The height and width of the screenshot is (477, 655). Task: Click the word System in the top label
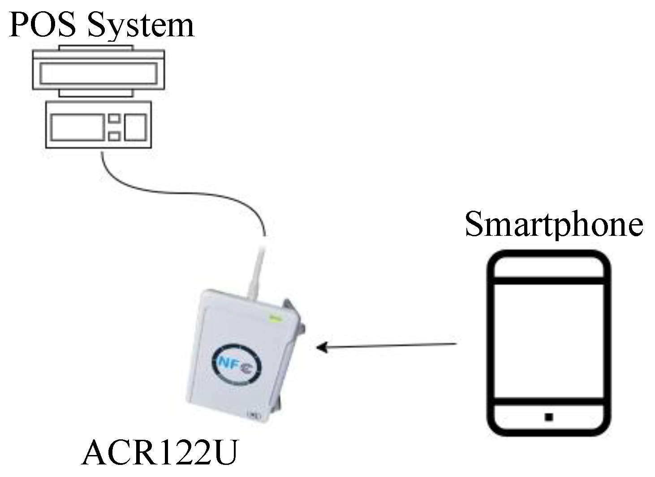click(x=141, y=26)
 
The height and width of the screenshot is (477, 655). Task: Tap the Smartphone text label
click(x=554, y=224)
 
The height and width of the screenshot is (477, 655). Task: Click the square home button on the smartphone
click(x=549, y=417)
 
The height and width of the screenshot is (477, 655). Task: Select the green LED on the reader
click(x=274, y=319)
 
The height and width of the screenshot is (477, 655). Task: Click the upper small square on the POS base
click(x=114, y=119)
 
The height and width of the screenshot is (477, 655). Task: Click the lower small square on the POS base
click(x=114, y=136)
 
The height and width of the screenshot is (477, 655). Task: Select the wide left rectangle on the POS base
click(x=78, y=127)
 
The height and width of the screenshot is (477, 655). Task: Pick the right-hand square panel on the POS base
click(x=135, y=127)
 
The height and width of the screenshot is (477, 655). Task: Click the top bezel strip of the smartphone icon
click(x=549, y=267)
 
